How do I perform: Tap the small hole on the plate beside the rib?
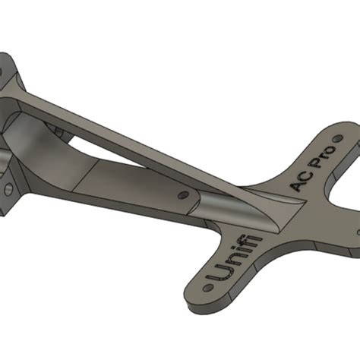coord(183,195)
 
